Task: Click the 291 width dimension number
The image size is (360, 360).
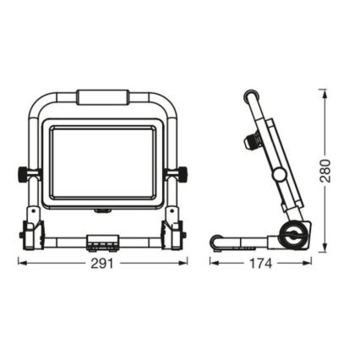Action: (x=102, y=264)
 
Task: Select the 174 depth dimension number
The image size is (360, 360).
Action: (x=260, y=264)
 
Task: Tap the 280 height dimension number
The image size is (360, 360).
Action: (x=325, y=170)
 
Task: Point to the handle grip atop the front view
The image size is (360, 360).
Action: (x=102, y=97)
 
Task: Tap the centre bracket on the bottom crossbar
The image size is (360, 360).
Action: (x=102, y=243)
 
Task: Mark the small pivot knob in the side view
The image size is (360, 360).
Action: (x=278, y=173)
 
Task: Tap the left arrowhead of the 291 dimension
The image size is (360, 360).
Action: (x=20, y=264)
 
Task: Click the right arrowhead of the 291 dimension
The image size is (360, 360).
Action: (x=186, y=264)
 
